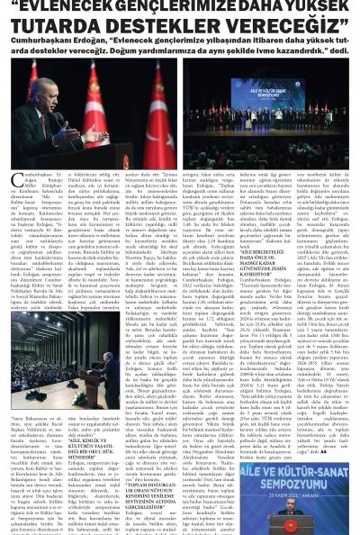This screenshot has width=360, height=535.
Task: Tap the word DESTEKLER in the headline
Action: (176, 23)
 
